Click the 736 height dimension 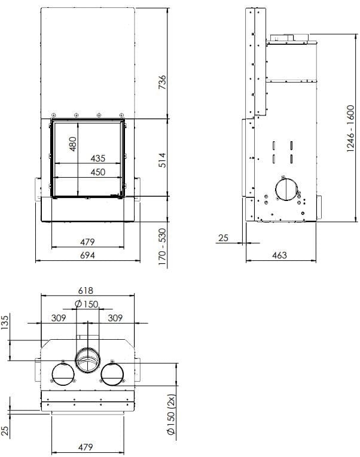tap(161, 82)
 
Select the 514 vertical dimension tap(161, 160)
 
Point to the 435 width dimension tap(97, 159)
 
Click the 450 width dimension tap(97, 172)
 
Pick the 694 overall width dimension tap(88, 255)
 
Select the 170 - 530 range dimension tap(161, 246)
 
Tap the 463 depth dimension tap(279, 255)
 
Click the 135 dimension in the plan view tap(6, 322)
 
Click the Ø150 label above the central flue tap(87, 304)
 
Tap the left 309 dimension tap(58, 318)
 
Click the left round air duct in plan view tap(63, 376)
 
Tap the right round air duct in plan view tap(112, 376)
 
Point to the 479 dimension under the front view tap(88, 242)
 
